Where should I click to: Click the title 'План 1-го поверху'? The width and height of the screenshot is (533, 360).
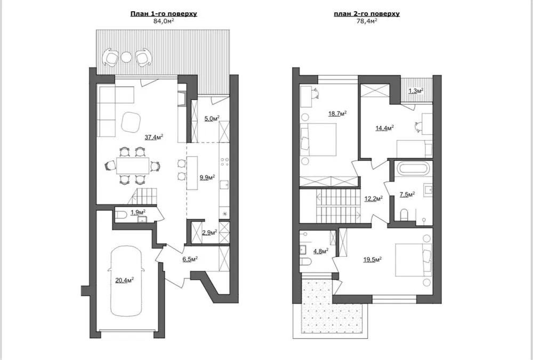coord(164,14)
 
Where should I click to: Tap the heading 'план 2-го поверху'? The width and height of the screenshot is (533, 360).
coord(367,14)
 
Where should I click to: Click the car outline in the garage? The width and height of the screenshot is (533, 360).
coord(126,281)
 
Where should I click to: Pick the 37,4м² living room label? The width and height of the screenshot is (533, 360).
coord(154,137)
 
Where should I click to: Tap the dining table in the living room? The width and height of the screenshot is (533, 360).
coord(133,166)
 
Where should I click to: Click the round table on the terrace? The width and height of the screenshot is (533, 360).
coord(126,57)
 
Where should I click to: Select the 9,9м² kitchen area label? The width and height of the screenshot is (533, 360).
coord(207,177)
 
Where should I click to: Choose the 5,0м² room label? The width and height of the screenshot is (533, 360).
coord(212,118)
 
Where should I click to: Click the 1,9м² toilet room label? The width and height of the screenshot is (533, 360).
coord(138,212)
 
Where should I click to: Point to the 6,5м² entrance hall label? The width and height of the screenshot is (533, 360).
coord(190,259)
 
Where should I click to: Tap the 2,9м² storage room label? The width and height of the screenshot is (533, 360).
coord(209,233)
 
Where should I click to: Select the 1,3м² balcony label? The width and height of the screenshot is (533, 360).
coord(416,91)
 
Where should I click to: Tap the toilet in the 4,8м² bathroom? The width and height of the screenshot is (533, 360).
coord(305,261)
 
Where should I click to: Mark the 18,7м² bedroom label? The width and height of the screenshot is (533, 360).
coord(337,113)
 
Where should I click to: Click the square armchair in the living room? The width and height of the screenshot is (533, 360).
coord(131,122)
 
